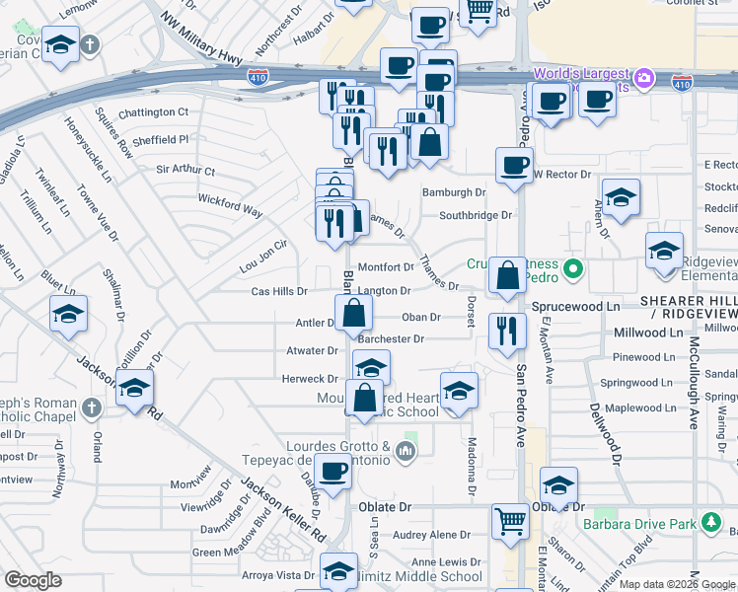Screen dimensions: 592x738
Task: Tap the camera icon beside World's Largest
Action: (x=644, y=77)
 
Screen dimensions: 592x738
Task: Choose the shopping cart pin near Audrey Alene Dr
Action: (x=509, y=520)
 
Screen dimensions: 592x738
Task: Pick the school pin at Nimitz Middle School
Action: (x=338, y=572)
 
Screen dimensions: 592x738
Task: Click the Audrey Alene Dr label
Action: (x=432, y=535)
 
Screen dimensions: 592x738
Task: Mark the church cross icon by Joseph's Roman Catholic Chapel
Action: (x=90, y=407)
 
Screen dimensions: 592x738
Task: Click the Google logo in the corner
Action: (x=33, y=580)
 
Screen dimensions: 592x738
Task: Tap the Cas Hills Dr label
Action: (x=279, y=292)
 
